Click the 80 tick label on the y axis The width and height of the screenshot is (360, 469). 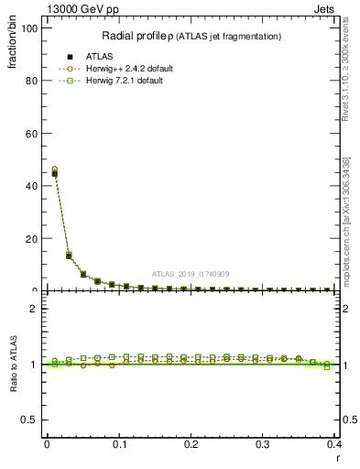(31, 81)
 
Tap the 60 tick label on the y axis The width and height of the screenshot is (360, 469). (31, 134)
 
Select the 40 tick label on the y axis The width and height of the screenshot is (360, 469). (31, 186)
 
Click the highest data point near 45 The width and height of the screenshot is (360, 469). (54, 172)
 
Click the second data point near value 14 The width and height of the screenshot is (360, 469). (69, 256)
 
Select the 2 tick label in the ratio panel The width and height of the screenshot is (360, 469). (34, 309)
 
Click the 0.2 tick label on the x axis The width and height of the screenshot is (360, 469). (191, 444)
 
